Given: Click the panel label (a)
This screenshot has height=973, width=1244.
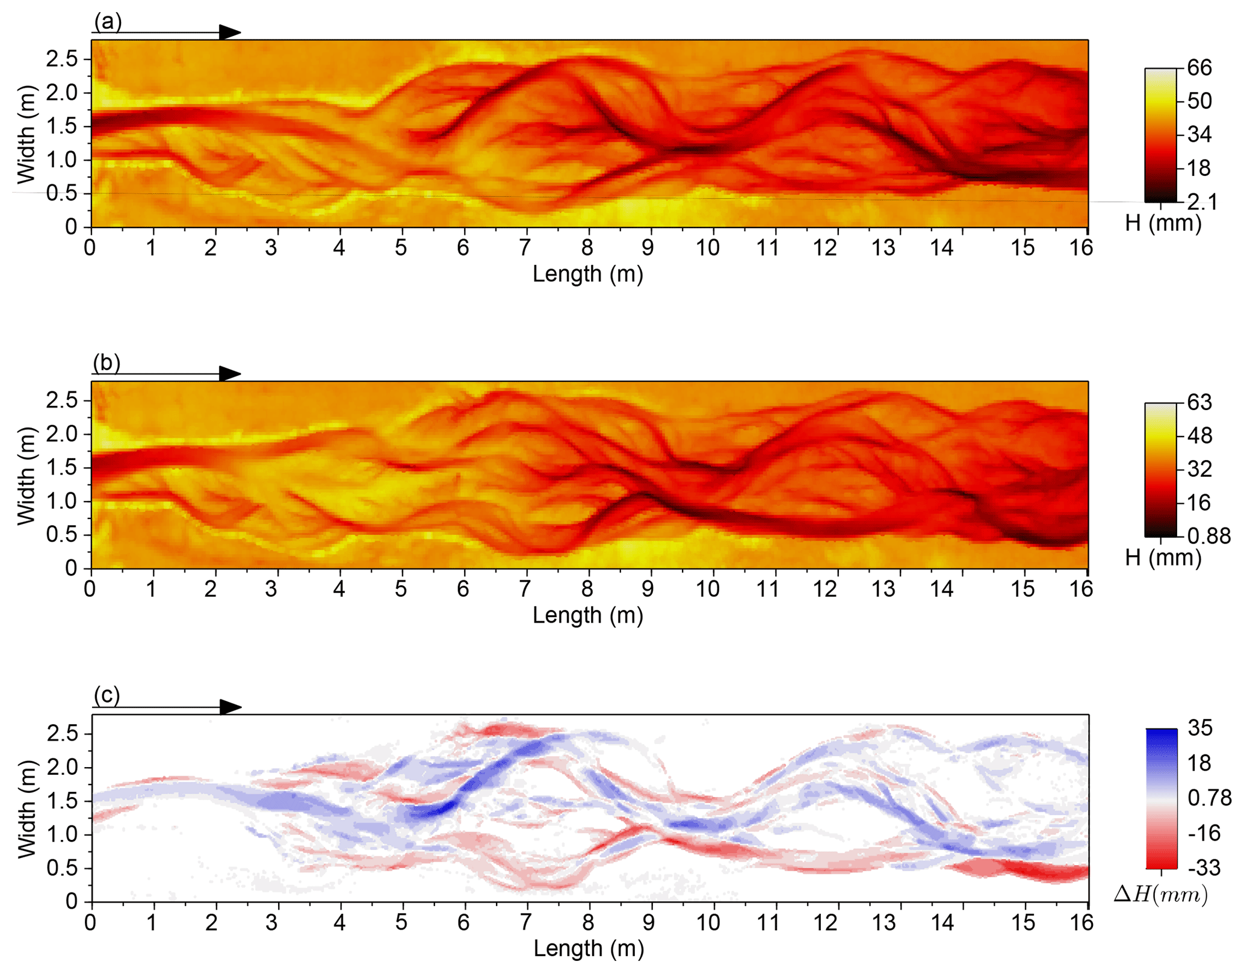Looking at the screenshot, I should pyautogui.click(x=108, y=22).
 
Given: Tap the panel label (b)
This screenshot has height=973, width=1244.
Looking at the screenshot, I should pyautogui.click(x=107, y=363).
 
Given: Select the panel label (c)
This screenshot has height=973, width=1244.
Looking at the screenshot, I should pyautogui.click(x=107, y=695).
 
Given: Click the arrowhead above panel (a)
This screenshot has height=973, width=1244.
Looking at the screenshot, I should pyautogui.click(x=229, y=33).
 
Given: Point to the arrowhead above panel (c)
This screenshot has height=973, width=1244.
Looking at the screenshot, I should pyautogui.click(x=230, y=707).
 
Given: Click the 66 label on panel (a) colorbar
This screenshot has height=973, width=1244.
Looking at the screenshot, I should pyautogui.click(x=1199, y=67).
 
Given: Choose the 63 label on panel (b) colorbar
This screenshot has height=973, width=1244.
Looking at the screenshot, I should pyautogui.click(x=1199, y=402).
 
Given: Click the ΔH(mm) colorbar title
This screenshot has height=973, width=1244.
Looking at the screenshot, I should pyautogui.click(x=1161, y=895).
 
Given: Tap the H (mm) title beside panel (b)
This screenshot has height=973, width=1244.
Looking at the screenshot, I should pyautogui.click(x=1163, y=558).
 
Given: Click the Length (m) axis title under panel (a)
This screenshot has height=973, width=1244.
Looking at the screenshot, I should pyautogui.click(x=588, y=274).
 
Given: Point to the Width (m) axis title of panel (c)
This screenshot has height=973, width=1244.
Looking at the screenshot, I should pyautogui.click(x=26, y=808).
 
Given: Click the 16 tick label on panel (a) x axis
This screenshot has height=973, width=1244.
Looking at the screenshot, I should pyautogui.click(x=1081, y=247).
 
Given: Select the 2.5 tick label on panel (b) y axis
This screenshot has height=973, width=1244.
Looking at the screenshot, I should pyautogui.click(x=62, y=400).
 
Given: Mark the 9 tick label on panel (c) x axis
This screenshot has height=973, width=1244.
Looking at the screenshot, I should pyautogui.click(x=648, y=922).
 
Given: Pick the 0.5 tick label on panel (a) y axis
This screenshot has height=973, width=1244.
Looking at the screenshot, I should pyautogui.click(x=62, y=193).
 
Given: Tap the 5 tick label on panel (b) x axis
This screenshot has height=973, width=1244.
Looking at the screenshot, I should pyautogui.click(x=401, y=589).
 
